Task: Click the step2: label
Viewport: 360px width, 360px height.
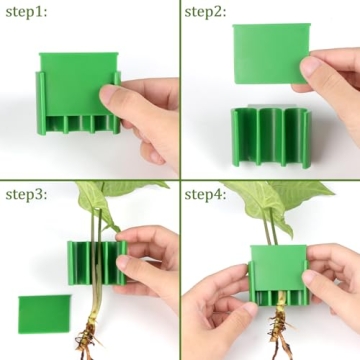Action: click(207, 13)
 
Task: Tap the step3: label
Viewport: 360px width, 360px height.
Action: click(25, 193)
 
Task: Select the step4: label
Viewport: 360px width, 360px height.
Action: click(207, 193)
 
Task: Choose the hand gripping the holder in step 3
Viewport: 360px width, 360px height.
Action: click(150, 262)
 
